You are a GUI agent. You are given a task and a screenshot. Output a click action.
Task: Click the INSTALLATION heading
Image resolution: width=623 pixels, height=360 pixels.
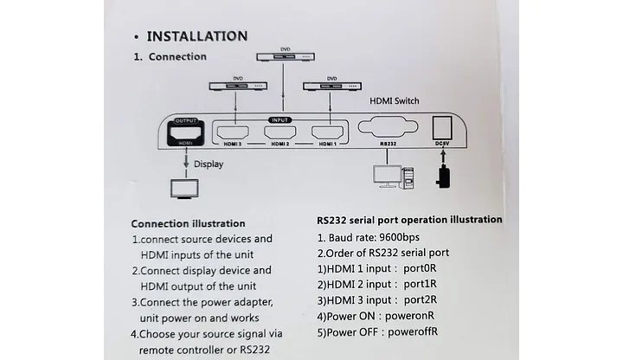click(197, 36)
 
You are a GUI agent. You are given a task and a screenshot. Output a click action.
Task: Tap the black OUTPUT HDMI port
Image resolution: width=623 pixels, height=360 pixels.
click(185, 132)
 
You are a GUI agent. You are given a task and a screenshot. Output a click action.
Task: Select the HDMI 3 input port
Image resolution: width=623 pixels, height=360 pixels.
click(233, 132)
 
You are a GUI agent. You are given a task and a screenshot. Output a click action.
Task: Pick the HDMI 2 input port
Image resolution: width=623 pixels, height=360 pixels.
click(280, 132)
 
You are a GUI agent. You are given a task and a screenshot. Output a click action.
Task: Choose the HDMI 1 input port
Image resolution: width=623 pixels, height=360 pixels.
click(327, 132)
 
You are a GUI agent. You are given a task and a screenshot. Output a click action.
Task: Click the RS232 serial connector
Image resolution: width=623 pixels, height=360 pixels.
click(388, 127)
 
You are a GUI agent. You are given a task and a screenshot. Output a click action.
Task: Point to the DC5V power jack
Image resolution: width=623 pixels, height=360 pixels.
click(442, 128)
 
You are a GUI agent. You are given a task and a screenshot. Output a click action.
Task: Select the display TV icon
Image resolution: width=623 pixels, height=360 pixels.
click(185, 189)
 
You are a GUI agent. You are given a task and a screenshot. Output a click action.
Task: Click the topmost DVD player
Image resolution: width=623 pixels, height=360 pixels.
click(286, 57)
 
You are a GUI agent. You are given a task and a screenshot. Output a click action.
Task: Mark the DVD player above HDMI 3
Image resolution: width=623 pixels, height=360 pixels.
click(238, 86)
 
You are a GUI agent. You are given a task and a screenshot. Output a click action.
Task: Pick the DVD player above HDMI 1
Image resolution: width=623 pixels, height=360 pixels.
click(332, 86)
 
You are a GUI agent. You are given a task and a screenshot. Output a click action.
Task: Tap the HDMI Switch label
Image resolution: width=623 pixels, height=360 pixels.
click(395, 101)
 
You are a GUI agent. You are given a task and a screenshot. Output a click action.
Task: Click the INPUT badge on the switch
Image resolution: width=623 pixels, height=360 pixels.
click(280, 120)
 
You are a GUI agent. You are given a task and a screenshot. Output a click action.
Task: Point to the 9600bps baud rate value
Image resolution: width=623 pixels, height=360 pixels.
click(399, 238)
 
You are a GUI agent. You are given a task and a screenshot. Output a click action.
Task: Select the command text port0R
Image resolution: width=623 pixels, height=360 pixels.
click(420, 268)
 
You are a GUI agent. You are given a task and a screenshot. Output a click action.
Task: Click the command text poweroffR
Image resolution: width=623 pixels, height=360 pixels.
click(413, 331)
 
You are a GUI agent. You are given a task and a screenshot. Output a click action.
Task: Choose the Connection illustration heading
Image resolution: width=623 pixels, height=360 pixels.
click(188, 224)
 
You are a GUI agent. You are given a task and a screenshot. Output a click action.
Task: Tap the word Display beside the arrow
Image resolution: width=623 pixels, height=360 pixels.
click(209, 164)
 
